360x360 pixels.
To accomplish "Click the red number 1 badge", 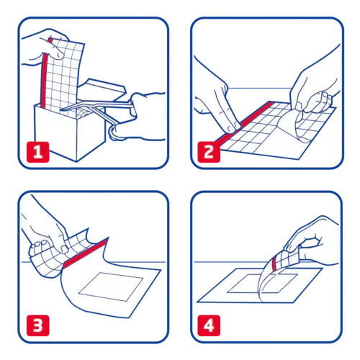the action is tap(38, 152).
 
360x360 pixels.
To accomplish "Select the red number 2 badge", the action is tap(209, 152).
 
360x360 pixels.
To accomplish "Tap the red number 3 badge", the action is tap(38, 325).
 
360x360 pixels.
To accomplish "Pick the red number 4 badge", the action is tap(209, 325).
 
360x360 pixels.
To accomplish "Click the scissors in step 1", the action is tap(101, 113).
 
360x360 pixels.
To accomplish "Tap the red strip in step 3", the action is tap(85, 253).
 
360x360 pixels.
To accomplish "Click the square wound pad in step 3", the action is tap(111, 287).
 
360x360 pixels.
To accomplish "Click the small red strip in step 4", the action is tap(274, 264).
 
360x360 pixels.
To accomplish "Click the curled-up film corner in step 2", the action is tap(304, 125).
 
